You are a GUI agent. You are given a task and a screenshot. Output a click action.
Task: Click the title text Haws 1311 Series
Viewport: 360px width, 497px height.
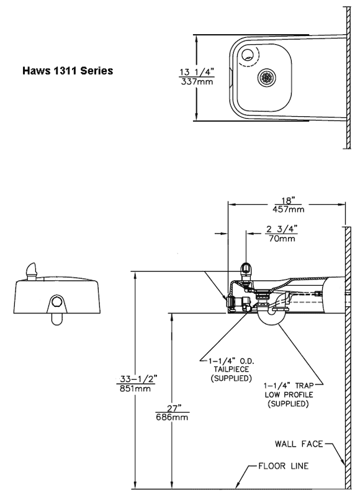(x=68, y=70)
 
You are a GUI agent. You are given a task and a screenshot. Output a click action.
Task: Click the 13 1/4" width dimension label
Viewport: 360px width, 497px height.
(x=197, y=72)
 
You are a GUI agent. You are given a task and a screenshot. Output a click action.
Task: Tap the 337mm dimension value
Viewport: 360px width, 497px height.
(x=197, y=82)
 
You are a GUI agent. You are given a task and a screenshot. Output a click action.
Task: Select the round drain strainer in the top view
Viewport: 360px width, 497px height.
(x=266, y=77)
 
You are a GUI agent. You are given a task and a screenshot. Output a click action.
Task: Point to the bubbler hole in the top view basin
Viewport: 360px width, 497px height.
(x=247, y=55)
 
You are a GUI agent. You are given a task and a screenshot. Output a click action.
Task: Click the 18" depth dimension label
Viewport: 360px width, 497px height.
(x=289, y=201)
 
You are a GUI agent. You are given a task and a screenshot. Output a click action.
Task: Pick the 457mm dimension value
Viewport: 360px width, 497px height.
(x=289, y=209)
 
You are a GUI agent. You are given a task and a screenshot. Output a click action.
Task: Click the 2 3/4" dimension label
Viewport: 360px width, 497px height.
(x=281, y=229)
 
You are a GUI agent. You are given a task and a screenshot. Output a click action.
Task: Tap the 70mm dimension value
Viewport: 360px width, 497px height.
(x=282, y=239)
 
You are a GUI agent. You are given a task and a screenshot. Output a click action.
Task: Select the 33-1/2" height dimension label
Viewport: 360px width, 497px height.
(x=138, y=379)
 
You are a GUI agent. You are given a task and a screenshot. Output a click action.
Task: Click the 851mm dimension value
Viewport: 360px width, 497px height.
(x=135, y=388)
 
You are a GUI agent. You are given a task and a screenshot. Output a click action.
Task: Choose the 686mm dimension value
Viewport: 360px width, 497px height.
(x=172, y=417)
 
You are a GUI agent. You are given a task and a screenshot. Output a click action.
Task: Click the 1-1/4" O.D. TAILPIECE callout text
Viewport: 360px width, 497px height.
(x=232, y=370)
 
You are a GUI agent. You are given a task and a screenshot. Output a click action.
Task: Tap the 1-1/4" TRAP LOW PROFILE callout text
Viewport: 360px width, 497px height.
(x=289, y=394)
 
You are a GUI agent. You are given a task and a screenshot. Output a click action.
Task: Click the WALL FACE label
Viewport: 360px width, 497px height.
(x=299, y=444)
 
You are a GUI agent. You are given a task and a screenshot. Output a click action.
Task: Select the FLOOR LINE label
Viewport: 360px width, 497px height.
(x=284, y=466)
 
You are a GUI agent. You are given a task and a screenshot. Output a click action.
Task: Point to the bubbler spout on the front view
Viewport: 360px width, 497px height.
(x=31, y=271)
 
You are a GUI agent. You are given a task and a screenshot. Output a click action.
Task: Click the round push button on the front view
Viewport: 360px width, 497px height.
(x=57, y=301)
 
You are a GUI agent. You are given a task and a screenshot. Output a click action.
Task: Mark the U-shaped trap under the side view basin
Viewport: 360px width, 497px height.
(x=271, y=319)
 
